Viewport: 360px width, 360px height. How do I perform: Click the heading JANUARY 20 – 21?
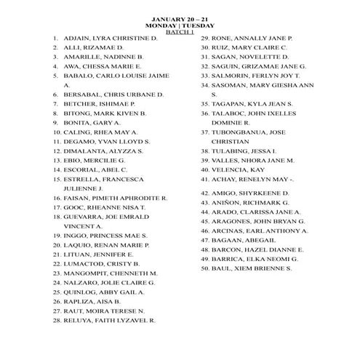(x=180, y=14)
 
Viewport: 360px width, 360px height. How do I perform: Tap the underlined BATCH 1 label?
(x=180, y=31)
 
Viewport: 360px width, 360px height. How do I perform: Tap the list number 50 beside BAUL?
(x=205, y=268)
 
